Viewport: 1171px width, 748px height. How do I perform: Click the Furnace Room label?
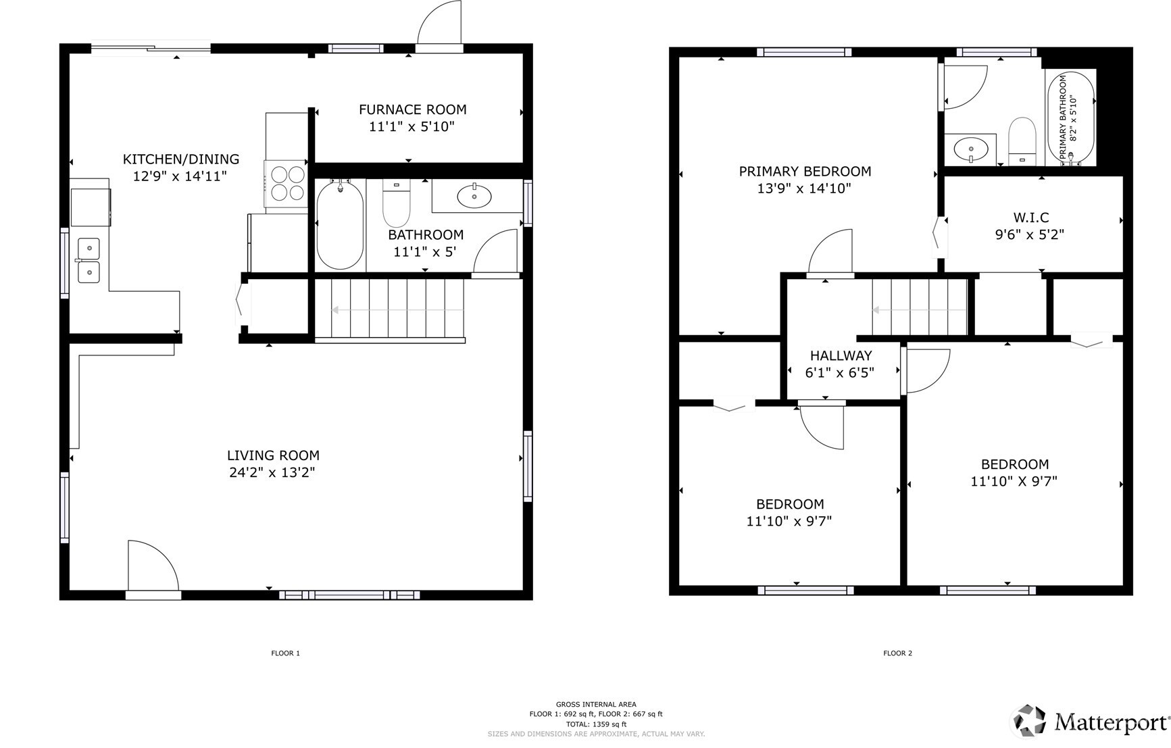412,109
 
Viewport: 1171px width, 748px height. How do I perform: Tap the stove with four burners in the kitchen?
287,183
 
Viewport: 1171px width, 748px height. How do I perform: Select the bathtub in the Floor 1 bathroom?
340,224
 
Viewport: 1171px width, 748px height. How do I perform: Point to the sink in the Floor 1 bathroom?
474,197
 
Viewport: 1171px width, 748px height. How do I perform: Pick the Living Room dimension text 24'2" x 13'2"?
272,472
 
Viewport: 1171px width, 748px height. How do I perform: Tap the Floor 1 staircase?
389,310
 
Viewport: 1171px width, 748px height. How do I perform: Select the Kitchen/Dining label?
180,159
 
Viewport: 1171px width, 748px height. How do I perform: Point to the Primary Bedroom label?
805,172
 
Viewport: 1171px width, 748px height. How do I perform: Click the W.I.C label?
1030,218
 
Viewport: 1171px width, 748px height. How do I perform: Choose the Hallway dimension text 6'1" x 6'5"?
840,372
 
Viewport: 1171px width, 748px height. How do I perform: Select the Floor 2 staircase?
920,309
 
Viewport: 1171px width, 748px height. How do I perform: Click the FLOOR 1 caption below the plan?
285,653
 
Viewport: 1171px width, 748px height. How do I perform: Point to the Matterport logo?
1091,722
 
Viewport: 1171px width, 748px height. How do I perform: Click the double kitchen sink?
88,260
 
